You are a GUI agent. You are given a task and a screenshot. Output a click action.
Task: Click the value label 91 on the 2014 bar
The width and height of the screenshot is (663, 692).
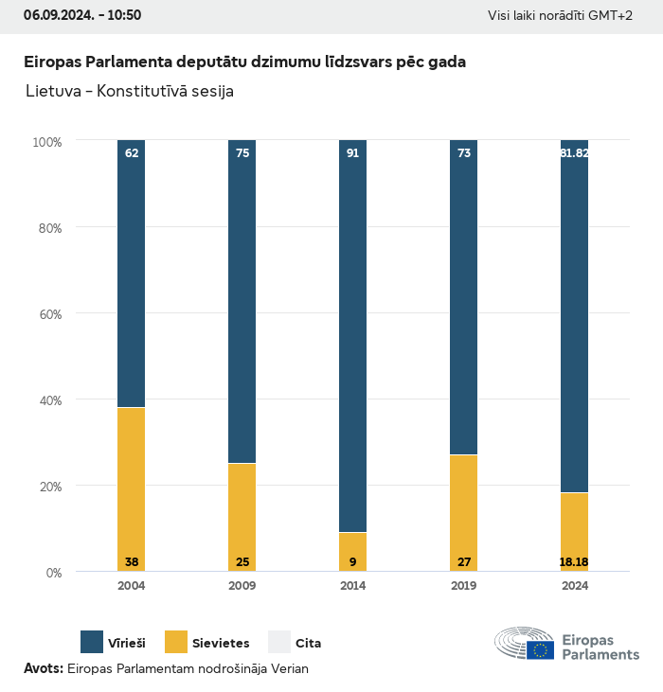[x=352, y=152]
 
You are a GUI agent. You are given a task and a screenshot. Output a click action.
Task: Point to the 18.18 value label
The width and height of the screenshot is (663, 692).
[x=574, y=562]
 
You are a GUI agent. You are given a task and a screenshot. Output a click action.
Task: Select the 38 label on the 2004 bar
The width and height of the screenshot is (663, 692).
[x=132, y=562]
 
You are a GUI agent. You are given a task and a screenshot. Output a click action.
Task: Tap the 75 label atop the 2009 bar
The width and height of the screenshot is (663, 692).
[x=242, y=152]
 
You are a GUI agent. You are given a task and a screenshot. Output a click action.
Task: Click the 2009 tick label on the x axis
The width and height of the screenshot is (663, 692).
[x=242, y=586]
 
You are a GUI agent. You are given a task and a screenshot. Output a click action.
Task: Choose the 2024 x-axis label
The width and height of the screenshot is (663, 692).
[x=574, y=586]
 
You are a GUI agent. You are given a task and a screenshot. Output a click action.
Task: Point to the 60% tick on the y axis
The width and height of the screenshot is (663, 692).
[x=47, y=313]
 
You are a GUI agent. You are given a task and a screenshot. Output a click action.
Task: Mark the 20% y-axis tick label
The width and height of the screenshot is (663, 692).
[x=47, y=487]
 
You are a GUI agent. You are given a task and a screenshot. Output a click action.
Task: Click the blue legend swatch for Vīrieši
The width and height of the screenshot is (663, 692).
[x=92, y=642]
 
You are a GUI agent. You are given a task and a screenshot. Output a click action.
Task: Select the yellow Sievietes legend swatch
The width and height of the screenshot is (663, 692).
[x=177, y=642]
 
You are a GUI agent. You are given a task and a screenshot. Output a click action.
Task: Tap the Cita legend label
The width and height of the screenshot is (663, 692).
[x=308, y=644]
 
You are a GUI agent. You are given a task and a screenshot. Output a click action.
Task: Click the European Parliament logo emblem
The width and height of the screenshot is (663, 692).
[x=524, y=644]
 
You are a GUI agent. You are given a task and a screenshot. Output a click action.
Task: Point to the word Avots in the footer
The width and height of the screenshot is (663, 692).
[x=43, y=668]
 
